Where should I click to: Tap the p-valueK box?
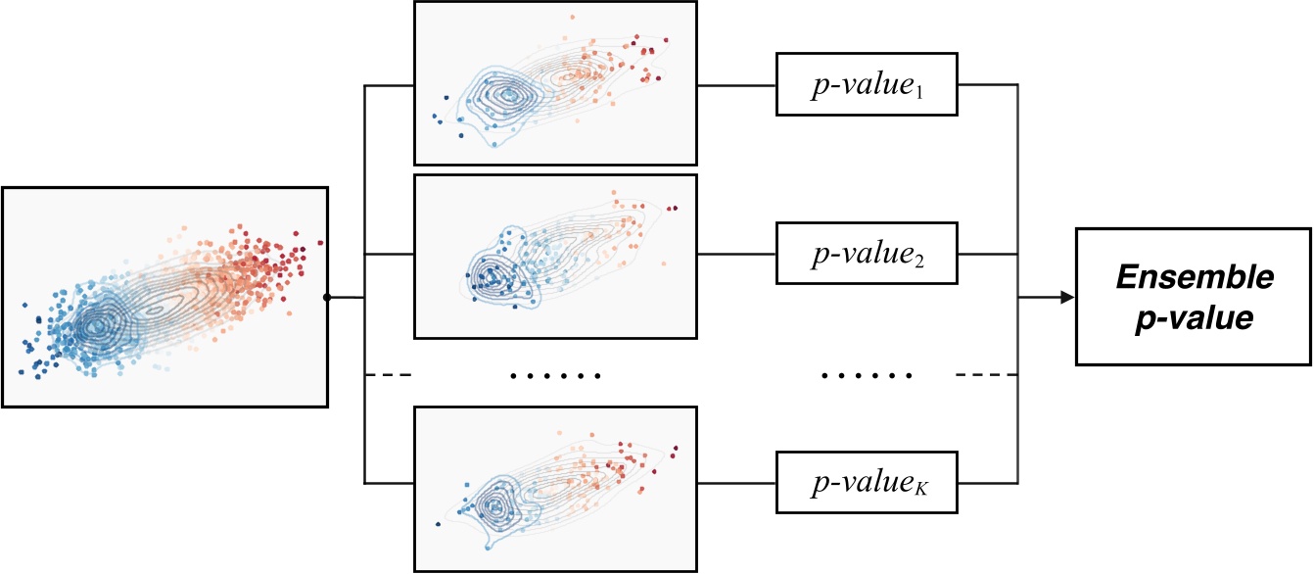pyautogui.click(x=867, y=482)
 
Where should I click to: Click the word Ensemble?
pyautogui.click(x=1194, y=278)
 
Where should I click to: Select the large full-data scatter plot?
pyautogui.click(x=164, y=297)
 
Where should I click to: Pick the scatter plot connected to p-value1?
pyautogui.click(x=555, y=82)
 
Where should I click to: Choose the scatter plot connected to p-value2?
pyautogui.click(x=555, y=257)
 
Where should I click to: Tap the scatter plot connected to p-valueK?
pyautogui.click(x=555, y=489)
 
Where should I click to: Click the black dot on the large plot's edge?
pyautogui.click(x=327, y=297)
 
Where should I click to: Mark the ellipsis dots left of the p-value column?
pyautogui.click(x=555, y=375)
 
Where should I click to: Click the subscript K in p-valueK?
pyautogui.click(x=925, y=488)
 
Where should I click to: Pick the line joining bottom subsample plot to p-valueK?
pyautogui.click(x=735, y=482)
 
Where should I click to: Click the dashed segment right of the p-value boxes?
pyautogui.click(x=987, y=375)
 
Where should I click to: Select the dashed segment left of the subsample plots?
pyautogui.click(x=388, y=375)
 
